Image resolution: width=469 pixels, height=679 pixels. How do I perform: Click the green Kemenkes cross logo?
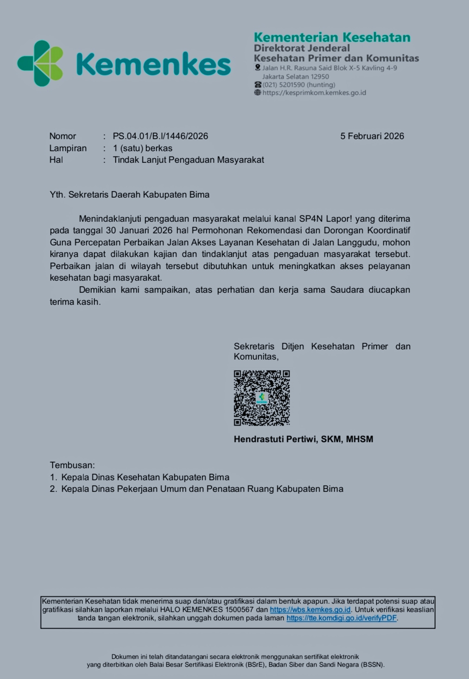point(41,63)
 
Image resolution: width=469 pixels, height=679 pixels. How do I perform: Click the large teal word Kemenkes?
point(153,64)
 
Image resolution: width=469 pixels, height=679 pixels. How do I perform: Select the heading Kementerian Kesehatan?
point(332,37)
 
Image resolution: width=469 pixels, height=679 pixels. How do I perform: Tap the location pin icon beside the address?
point(258,68)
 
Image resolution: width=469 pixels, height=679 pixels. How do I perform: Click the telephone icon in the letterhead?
point(258,85)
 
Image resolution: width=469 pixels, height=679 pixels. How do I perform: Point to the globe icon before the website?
point(258,93)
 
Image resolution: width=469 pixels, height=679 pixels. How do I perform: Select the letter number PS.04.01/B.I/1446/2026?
point(160,136)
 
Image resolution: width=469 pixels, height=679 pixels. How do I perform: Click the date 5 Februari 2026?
point(372,136)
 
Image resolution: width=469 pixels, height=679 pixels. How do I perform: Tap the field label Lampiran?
point(68,148)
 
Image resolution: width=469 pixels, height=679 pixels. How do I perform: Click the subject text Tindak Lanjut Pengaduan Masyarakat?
point(188,160)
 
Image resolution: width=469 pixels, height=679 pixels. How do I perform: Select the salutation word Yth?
point(57,194)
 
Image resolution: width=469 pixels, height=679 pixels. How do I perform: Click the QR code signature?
point(262,398)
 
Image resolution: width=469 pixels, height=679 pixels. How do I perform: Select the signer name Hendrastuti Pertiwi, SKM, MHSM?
point(303,439)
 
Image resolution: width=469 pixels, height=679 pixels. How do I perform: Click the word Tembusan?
point(72,465)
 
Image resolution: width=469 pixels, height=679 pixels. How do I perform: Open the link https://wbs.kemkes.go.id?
point(310,610)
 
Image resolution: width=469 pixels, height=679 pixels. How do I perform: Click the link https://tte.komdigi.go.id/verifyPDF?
point(342,618)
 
